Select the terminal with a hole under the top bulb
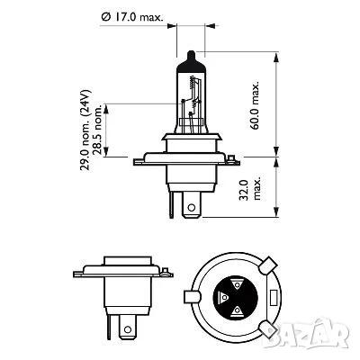[192, 206]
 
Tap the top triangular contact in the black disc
[236, 280]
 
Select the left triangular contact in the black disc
[221, 296]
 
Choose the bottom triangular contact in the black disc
[236, 311]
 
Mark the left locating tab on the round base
[191, 296]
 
